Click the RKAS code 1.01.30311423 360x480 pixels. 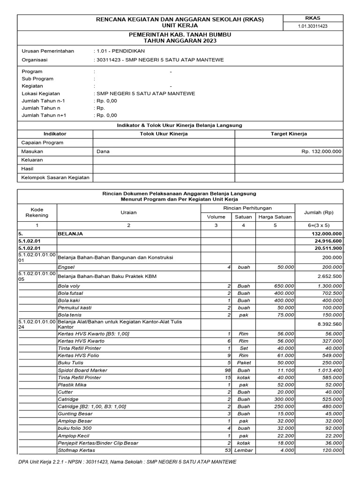(313, 26)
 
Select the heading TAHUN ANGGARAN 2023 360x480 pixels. (173, 41)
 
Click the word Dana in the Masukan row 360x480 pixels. (103, 151)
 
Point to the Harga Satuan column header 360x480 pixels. (275, 217)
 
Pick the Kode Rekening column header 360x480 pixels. (37, 212)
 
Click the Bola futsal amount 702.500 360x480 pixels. (330, 293)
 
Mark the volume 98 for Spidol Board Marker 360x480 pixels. (226, 370)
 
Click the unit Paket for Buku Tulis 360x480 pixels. (244, 363)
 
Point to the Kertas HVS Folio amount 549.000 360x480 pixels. (330, 355)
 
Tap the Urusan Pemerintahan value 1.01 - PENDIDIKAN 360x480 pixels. (120, 51)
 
